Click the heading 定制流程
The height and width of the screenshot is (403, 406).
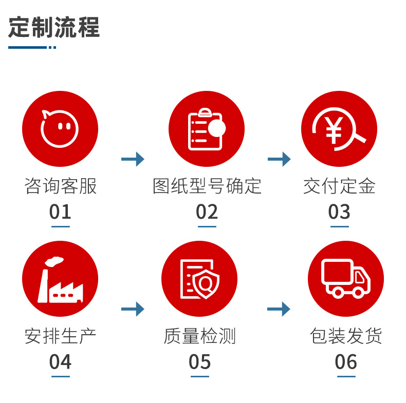(x=54, y=27)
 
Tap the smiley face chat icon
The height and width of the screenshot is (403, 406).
(x=60, y=128)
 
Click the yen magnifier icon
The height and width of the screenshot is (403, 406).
(x=339, y=128)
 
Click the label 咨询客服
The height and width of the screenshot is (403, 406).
(x=60, y=186)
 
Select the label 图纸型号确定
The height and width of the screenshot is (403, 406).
(x=207, y=186)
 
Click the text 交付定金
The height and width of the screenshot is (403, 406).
(x=339, y=186)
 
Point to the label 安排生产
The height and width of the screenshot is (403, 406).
(x=60, y=336)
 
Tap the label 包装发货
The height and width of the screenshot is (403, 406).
(x=346, y=336)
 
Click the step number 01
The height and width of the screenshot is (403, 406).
(x=60, y=212)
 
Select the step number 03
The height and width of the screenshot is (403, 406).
(x=339, y=212)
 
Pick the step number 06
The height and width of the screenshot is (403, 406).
(x=346, y=362)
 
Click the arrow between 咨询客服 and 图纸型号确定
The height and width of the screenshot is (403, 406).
(x=133, y=159)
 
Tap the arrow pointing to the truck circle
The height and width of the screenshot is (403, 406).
(x=279, y=309)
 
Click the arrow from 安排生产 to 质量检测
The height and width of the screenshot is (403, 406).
(x=133, y=309)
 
